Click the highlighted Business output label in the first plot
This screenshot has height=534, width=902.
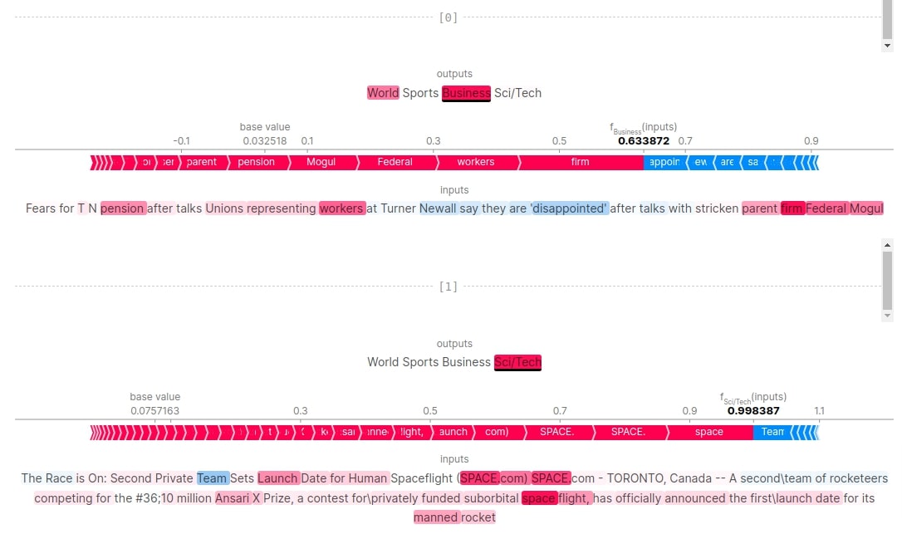[x=466, y=93]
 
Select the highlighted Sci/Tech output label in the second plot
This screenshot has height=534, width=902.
[x=517, y=362]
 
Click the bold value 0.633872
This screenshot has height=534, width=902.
[x=643, y=141]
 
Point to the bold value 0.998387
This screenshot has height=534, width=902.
[x=753, y=410]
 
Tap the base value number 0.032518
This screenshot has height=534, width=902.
[x=265, y=141]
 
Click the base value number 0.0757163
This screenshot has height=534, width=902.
[x=154, y=410]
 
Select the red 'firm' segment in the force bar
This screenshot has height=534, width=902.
[x=580, y=162]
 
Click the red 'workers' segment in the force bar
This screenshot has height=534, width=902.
[x=475, y=162]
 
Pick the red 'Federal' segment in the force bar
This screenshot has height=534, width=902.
[x=395, y=162]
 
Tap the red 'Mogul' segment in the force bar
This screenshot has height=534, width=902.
[x=321, y=162]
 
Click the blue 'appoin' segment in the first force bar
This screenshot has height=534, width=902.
[x=664, y=162]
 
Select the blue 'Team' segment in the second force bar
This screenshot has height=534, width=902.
[x=772, y=432]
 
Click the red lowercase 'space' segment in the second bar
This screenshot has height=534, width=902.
[x=708, y=432]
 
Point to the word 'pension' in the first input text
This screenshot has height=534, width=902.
[x=123, y=208]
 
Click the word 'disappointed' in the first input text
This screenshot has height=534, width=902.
[x=570, y=208]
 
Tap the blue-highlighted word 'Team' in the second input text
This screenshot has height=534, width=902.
[x=212, y=478]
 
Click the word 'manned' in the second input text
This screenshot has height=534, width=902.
[x=436, y=517]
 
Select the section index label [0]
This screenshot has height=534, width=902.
[x=448, y=17]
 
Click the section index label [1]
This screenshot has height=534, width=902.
[x=448, y=287]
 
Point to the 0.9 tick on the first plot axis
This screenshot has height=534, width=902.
[x=811, y=141]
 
